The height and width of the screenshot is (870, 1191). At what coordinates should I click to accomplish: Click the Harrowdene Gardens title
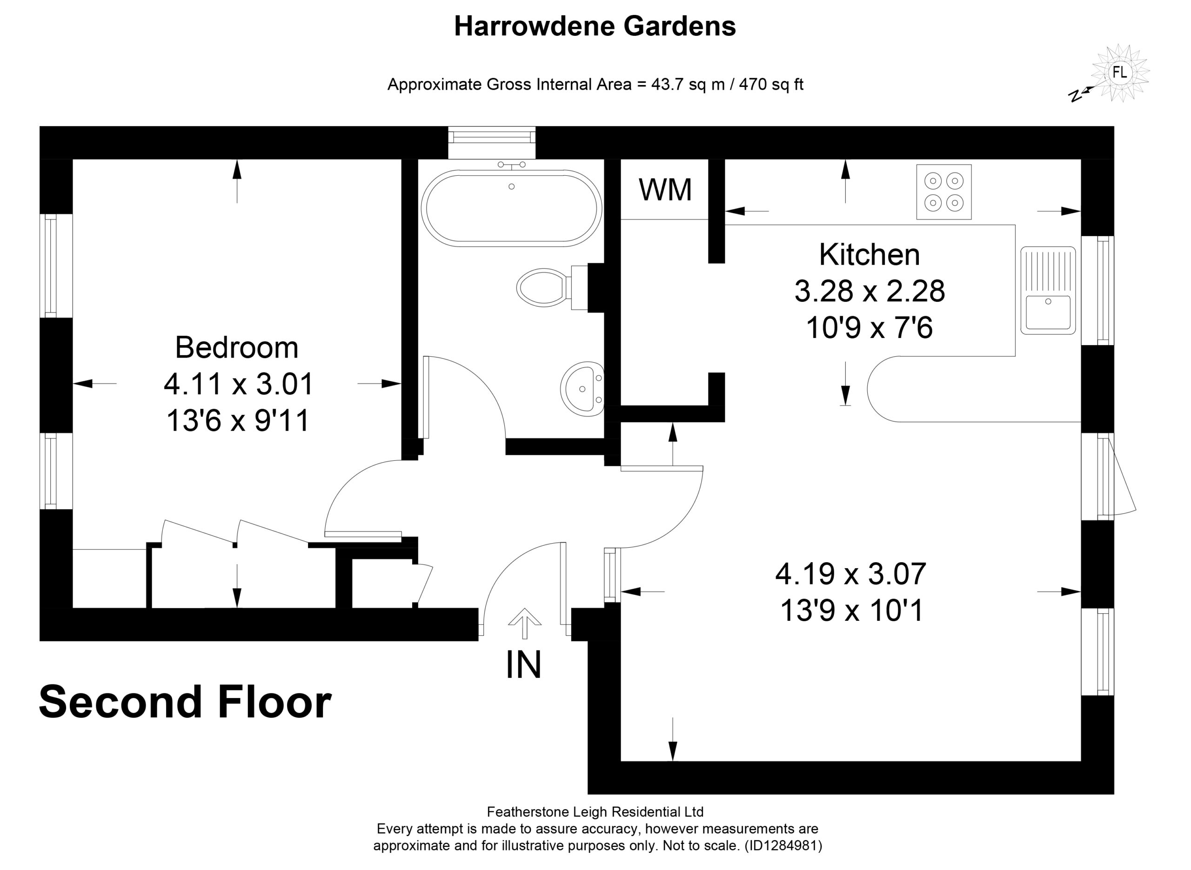tap(595, 27)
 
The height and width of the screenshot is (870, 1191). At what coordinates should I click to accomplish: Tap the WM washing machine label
tap(665, 190)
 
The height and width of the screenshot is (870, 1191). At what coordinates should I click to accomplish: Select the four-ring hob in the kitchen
tap(943, 192)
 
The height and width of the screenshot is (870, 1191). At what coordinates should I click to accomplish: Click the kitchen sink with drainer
tap(1048, 290)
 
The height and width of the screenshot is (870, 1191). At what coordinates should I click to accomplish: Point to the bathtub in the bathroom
tap(511, 208)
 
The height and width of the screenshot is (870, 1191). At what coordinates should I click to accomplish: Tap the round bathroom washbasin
tap(582, 389)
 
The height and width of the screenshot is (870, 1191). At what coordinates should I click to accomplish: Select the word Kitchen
tap(869, 254)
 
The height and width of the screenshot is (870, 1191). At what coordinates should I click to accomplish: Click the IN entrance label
tap(523, 664)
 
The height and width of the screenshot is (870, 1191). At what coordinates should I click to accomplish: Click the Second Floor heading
tap(185, 702)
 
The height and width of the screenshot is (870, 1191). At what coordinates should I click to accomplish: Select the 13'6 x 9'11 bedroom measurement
tap(238, 421)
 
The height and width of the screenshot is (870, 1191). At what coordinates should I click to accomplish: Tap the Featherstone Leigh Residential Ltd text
tap(595, 812)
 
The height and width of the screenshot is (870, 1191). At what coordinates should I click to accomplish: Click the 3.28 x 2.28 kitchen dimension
tap(870, 291)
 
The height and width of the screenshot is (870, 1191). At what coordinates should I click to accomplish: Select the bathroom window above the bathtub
tap(491, 142)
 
